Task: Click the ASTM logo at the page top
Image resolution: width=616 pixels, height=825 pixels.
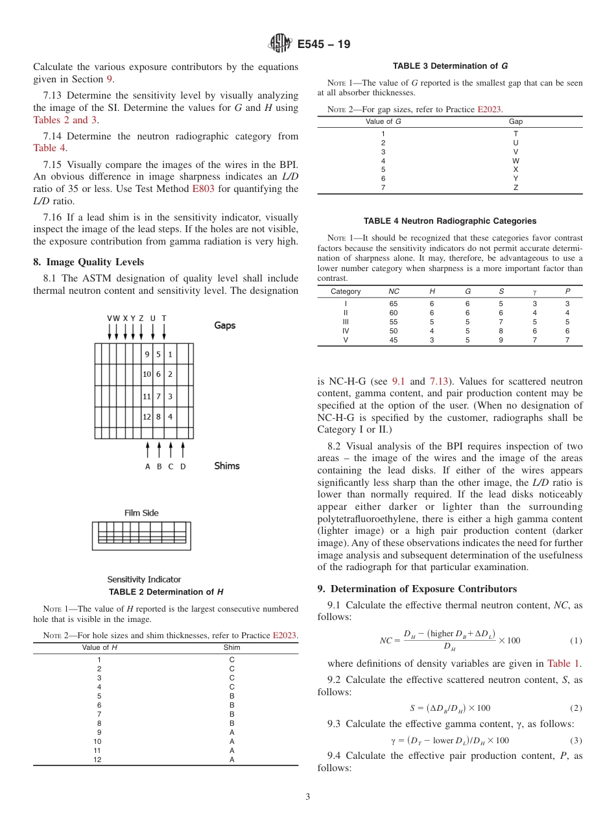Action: coord(280,44)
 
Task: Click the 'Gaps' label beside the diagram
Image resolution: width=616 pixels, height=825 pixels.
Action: coord(225,326)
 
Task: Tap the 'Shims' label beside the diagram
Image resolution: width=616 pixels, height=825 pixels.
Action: coord(227,466)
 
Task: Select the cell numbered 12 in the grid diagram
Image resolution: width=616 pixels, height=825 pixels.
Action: coord(147,416)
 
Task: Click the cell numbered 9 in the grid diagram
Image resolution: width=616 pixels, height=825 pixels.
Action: coord(147,354)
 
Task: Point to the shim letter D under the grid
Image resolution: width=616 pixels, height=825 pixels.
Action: coord(183,466)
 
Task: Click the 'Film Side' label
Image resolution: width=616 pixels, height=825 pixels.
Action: coord(141,513)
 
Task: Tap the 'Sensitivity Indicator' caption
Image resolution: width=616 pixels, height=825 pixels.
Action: coord(144,579)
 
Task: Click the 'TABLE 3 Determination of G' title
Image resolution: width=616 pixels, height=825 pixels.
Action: coord(450,66)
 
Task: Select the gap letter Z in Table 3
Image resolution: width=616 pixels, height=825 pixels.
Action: coord(515,188)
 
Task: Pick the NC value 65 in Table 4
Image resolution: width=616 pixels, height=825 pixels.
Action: coord(394,304)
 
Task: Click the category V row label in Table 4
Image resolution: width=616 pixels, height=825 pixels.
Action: coord(346,340)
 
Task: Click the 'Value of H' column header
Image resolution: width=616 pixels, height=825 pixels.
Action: coord(99,647)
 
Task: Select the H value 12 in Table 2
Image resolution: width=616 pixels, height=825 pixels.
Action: coord(97,759)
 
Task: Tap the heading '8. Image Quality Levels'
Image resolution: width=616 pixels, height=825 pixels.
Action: coord(89,262)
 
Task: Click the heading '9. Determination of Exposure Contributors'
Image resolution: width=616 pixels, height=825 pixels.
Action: coord(417,589)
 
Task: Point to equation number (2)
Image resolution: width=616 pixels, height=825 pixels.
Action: coord(576,708)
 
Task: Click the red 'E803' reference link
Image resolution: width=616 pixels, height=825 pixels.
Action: coord(204,189)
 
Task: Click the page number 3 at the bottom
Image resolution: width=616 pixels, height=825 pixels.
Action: coord(308,797)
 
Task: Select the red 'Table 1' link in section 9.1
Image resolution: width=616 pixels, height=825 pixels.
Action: coord(564,664)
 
